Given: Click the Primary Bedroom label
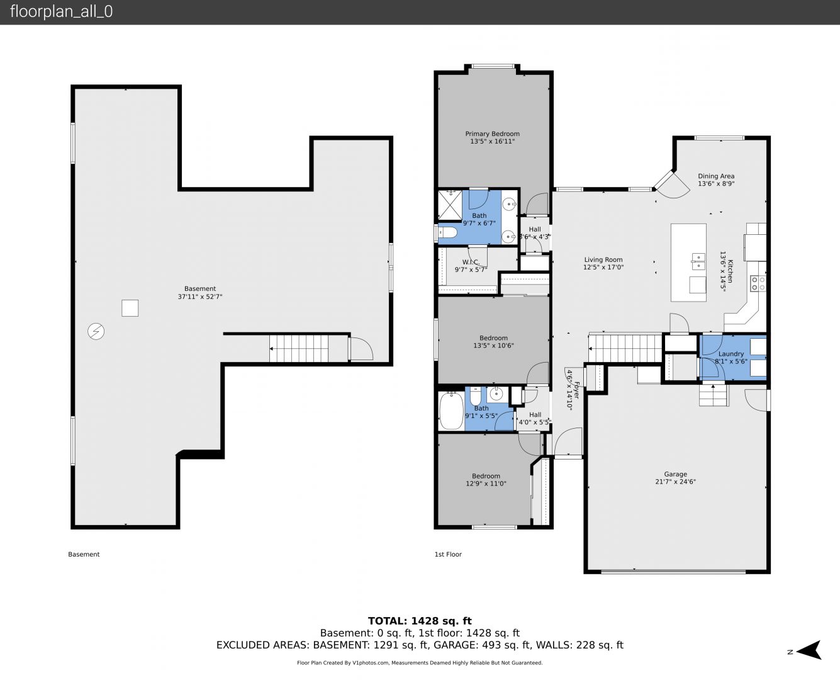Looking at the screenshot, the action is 492,133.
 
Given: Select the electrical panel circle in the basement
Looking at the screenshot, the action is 96,332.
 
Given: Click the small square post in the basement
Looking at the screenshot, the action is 130,308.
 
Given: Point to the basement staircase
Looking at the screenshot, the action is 299,348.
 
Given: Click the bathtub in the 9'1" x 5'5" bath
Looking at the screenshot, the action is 451,411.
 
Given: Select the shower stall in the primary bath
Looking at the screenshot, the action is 450,205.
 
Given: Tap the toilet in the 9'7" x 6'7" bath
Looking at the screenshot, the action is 446,232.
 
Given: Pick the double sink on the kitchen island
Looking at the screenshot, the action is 698,261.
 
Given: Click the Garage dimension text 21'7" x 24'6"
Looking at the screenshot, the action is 675,482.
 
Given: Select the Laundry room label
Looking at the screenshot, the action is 731,354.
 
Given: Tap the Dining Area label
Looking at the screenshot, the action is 716,176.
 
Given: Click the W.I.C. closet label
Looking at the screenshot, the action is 471,262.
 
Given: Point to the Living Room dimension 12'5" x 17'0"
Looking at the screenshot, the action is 603,267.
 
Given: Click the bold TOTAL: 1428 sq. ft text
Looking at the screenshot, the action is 420,621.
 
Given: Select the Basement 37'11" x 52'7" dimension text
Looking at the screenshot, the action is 200,297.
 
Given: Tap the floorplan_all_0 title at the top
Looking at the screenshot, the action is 61,11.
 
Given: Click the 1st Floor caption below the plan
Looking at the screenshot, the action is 448,554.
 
